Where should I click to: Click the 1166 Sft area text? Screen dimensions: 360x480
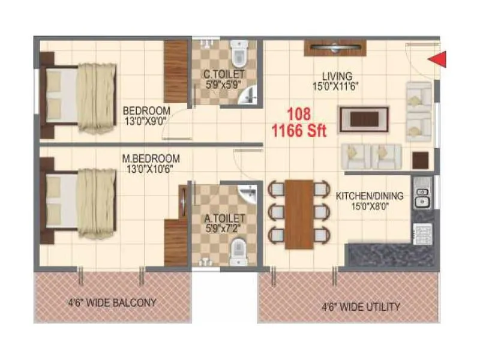pyautogui.click(x=299, y=130)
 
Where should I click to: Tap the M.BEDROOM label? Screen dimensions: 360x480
pyautogui.click(x=151, y=158)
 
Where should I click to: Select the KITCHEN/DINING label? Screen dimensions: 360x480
pyautogui.click(x=369, y=196)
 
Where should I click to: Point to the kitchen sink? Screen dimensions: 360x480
pyautogui.click(x=422, y=196)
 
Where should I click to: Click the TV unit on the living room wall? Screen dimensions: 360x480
pyautogui.click(x=336, y=47)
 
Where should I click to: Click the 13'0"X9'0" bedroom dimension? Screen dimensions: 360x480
pyautogui.click(x=146, y=121)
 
